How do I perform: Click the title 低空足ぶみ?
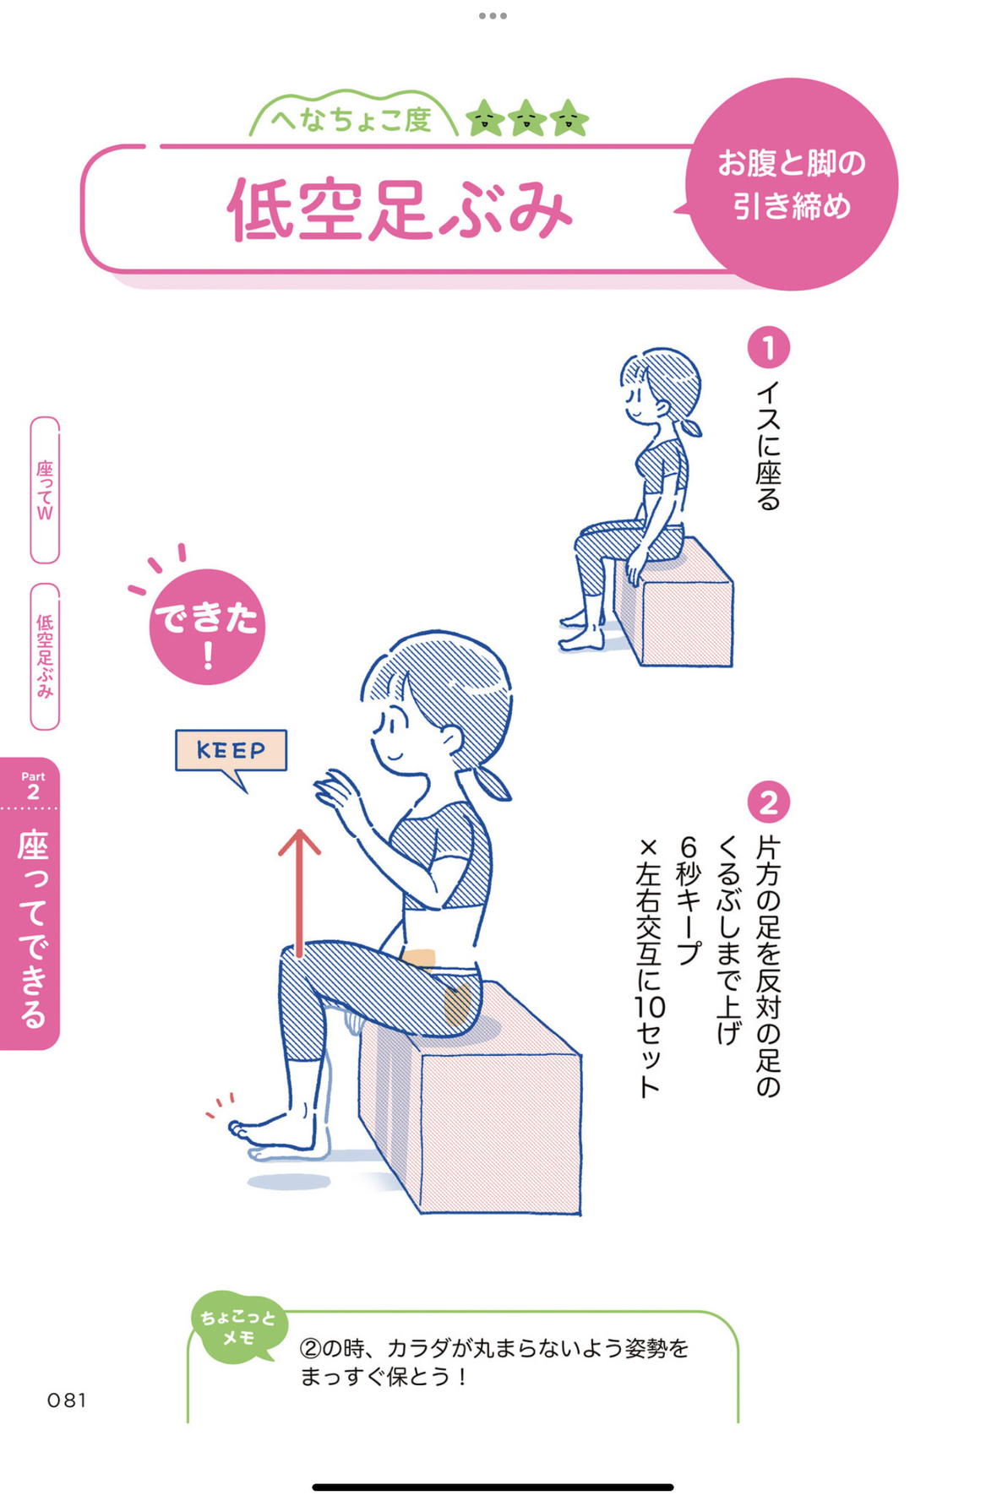click(x=400, y=209)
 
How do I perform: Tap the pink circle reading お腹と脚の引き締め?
click(x=792, y=184)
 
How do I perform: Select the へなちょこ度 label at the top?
click(x=351, y=120)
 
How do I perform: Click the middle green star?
click(x=527, y=118)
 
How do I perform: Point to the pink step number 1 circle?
click(x=768, y=348)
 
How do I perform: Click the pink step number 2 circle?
click(x=768, y=802)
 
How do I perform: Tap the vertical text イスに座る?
click(x=768, y=445)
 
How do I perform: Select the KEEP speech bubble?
click(x=231, y=751)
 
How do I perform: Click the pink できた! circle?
click(x=207, y=626)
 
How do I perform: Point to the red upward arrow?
click(x=299, y=893)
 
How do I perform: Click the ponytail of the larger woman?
click(x=490, y=785)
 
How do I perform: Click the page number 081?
click(x=67, y=1400)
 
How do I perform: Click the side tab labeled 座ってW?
click(x=45, y=490)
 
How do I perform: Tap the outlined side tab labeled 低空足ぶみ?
click(x=45, y=656)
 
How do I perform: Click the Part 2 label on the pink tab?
click(x=33, y=786)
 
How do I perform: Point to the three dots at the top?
click(x=493, y=15)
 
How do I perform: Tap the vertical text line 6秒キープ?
click(x=689, y=900)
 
